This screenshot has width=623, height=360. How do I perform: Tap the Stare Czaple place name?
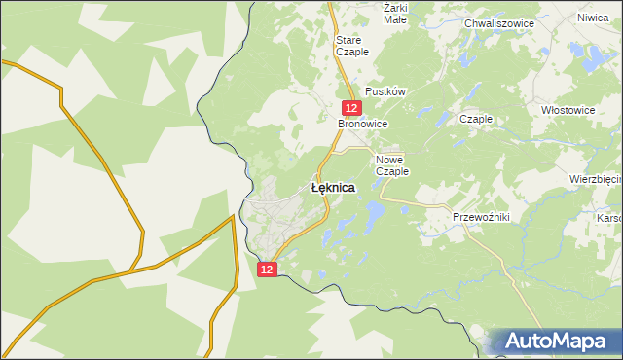[351, 46]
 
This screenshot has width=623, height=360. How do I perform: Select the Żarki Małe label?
[395, 12]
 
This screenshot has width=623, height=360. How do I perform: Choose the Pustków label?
[385, 90]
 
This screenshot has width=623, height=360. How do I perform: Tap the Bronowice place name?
[363, 125]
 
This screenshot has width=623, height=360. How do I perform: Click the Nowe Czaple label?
[392, 164]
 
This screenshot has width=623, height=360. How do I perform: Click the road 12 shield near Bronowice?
[353, 109]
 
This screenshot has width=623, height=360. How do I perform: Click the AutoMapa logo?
[556, 342]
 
